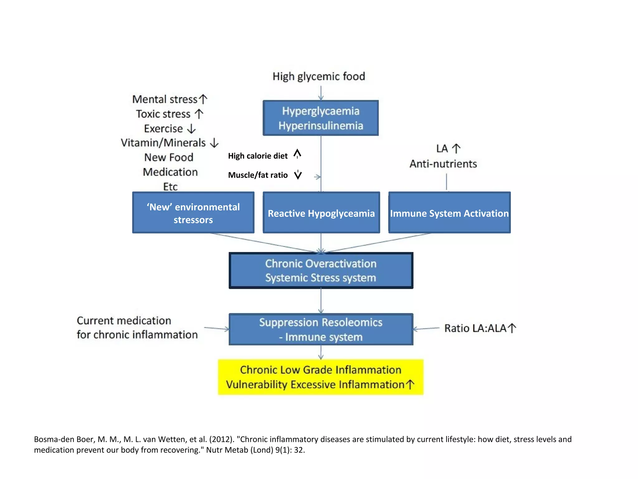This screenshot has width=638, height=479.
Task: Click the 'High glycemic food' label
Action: [x=319, y=76]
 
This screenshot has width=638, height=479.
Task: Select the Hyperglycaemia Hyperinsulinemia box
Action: [x=321, y=118]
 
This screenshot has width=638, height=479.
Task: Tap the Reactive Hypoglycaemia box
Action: [x=321, y=213]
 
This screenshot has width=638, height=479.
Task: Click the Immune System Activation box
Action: [x=449, y=213]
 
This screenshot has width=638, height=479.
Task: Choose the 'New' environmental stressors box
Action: [x=193, y=213]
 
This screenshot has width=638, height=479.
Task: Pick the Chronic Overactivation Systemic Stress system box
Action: [x=321, y=271]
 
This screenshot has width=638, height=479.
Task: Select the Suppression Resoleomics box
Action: [x=321, y=329]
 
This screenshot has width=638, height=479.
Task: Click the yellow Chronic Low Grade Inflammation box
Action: [x=321, y=377]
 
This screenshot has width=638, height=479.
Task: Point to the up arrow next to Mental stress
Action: [x=203, y=99]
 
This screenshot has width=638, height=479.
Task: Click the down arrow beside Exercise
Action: [x=191, y=128]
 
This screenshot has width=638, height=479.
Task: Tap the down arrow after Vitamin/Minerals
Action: [x=214, y=143]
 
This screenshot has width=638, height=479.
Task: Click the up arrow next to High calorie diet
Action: [x=298, y=154]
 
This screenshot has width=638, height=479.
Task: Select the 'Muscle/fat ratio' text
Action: [x=258, y=175]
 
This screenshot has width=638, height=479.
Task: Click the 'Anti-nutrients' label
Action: [x=443, y=164]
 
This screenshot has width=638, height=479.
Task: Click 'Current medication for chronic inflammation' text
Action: [x=137, y=327]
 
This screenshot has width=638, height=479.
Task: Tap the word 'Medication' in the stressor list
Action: [x=170, y=172]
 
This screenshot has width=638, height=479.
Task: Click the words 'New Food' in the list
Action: [x=169, y=157]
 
